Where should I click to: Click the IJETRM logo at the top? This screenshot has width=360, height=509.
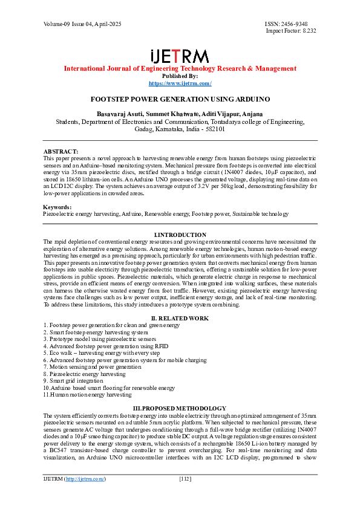[180, 56]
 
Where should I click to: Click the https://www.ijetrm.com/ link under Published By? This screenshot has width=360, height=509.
[180, 83]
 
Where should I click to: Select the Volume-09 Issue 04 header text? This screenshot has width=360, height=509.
[82, 24]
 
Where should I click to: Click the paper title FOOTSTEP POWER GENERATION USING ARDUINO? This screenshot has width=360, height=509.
[180, 98]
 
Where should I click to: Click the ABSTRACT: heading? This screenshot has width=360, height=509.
[61, 151]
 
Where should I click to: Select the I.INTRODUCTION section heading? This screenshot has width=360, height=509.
[180, 235]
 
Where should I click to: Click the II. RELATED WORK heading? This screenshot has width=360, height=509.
[180, 318]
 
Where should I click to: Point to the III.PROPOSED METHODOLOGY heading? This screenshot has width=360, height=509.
[180, 409]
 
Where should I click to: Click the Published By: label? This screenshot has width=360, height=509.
[180, 76]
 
